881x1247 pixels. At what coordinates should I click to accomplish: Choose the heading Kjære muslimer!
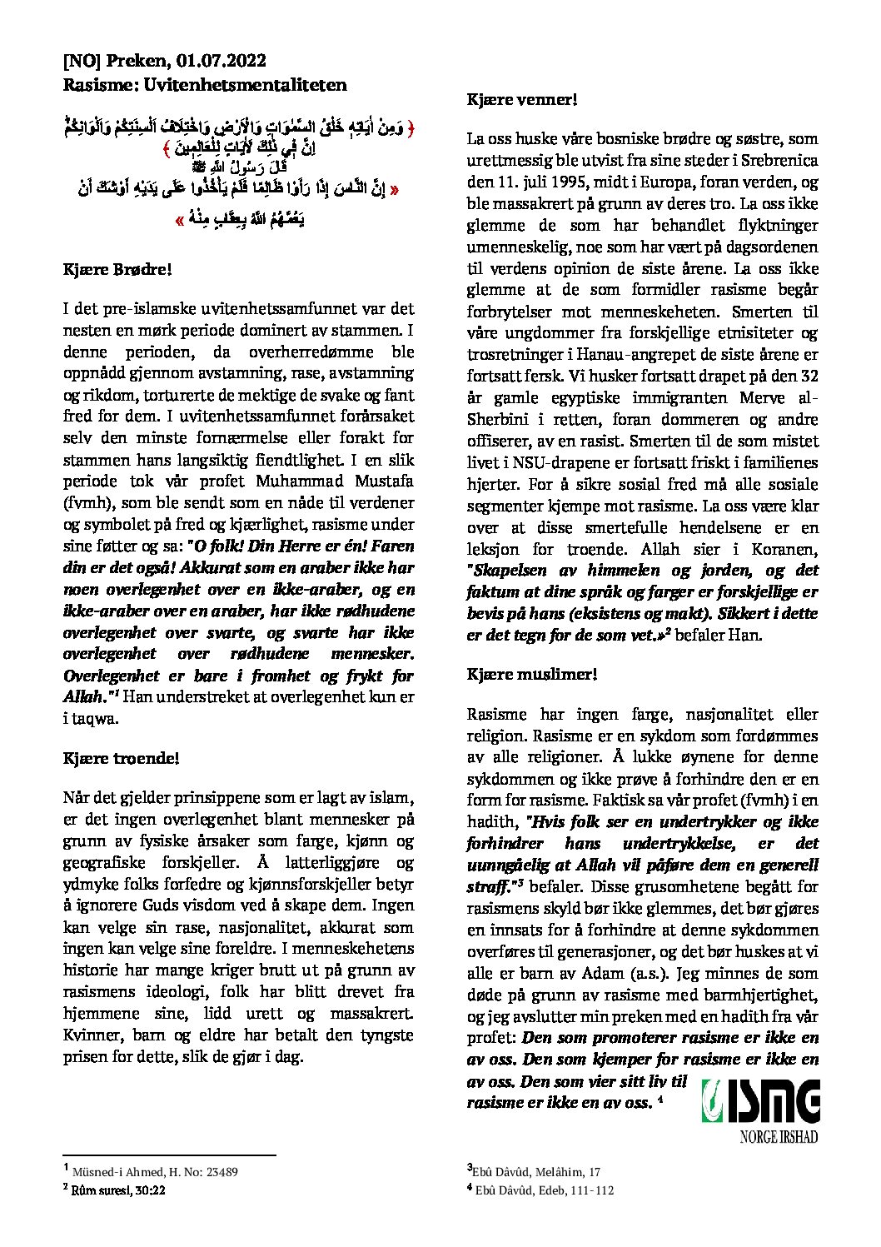point(532,675)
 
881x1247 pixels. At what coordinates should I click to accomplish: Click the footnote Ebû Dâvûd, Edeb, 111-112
point(545,1190)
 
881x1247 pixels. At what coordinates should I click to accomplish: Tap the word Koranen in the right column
point(789,550)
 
